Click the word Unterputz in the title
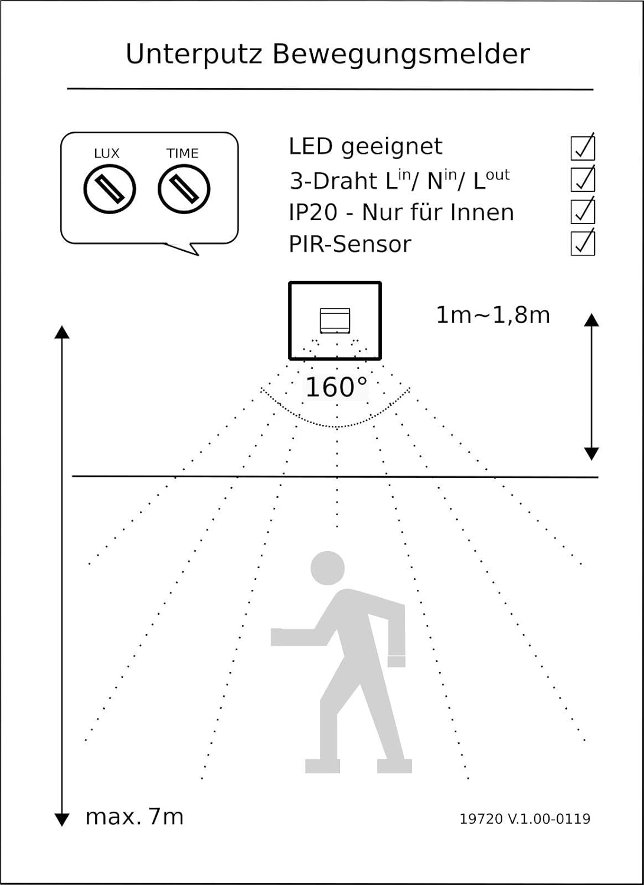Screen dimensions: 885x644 coord(194,54)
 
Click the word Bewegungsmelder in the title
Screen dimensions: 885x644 coord(401,54)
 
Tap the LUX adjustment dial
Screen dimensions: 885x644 coord(110,189)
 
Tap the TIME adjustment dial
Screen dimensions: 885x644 coord(184,189)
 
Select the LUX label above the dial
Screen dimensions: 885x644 coord(107,153)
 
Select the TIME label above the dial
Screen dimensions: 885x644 coord(182,153)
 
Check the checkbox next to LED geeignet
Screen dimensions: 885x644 coord(583,147)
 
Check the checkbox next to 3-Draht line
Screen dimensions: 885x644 coord(583,179)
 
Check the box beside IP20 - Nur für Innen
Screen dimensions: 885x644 coord(583,211)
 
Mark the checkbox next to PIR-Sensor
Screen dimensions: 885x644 coord(583,243)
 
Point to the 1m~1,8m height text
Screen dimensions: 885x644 coord(493,315)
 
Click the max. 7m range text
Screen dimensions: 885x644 coord(135,817)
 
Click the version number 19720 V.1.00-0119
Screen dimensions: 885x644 coord(525,819)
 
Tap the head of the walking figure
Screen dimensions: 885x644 coord(328,568)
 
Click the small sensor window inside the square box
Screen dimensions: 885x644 coord(335,320)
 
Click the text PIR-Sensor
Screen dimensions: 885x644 coord(349,244)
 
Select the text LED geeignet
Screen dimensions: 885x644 coord(365,146)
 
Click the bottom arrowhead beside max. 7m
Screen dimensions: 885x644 coord(62,819)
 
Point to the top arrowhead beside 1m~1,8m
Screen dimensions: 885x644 coord(591,320)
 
